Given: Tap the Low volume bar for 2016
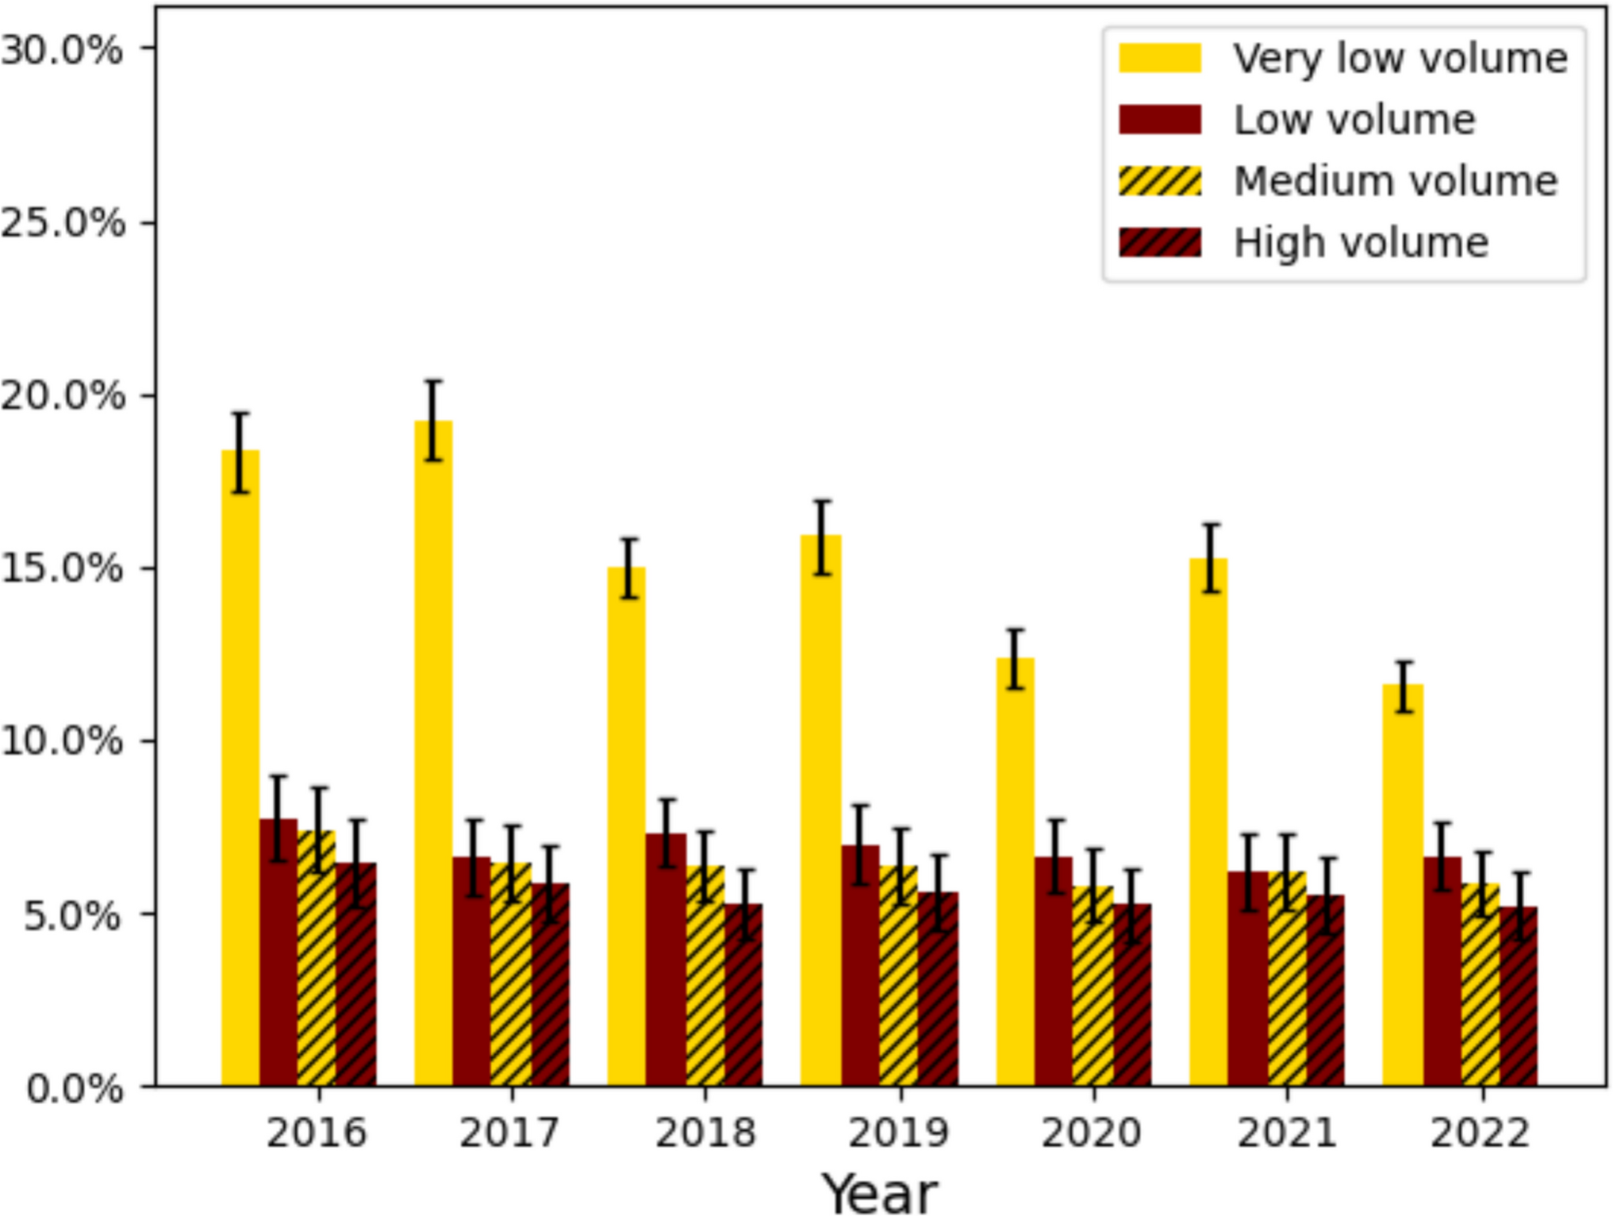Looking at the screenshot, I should (x=278, y=952).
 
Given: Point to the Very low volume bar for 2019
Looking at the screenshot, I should (x=821, y=810).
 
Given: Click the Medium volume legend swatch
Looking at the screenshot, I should (x=1160, y=181).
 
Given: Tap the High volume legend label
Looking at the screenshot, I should (x=1361, y=243).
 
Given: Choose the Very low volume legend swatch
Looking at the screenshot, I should (x=1160, y=58).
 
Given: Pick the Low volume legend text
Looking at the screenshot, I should (x=1354, y=120).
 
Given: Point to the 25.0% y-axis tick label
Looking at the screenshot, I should (x=63, y=223).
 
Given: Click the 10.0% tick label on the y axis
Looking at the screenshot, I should (x=63, y=741).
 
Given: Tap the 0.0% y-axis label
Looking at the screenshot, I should (x=75, y=1087).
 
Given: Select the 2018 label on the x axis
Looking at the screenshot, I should (x=705, y=1132).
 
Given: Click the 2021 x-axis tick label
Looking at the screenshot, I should (x=1287, y=1132).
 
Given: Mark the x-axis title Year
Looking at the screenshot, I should (x=880, y=1192).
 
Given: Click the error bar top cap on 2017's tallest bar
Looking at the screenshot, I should (x=433, y=382).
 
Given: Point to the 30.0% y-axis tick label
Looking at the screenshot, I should (x=63, y=50).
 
